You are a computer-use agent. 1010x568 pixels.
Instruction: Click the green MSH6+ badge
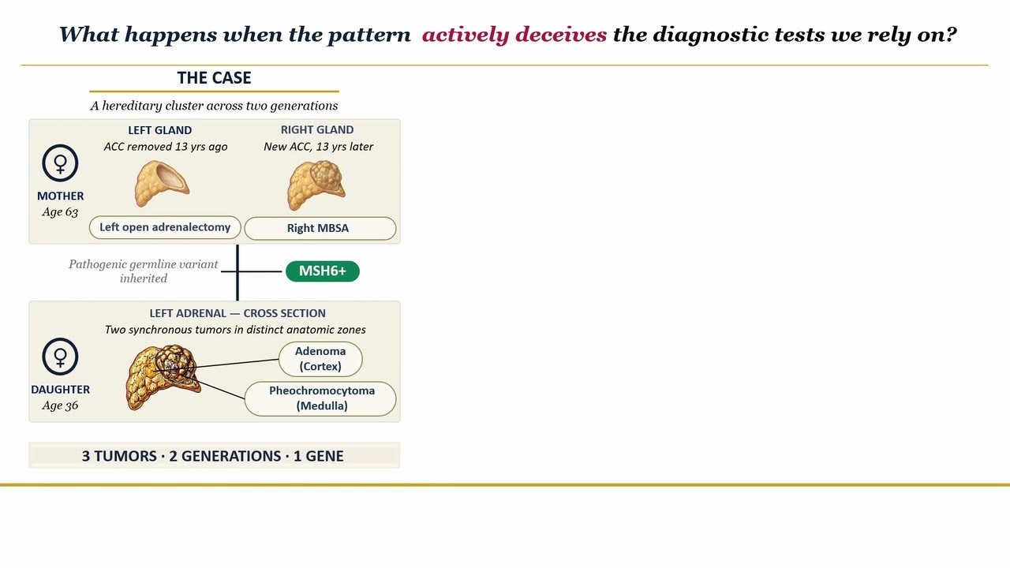tap(323, 271)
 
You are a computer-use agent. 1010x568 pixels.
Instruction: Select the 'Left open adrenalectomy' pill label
tap(165, 227)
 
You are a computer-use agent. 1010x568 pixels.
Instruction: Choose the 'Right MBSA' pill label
tap(320, 228)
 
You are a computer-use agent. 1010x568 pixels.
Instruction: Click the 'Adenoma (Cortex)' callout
tap(320, 359)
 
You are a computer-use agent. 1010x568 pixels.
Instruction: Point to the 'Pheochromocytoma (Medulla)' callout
tap(320, 398)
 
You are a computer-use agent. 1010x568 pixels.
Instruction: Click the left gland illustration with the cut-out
tap(162, 183)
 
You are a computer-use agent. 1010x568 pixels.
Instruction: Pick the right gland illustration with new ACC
tap(316, 185)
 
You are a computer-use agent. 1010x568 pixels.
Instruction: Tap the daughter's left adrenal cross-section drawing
tap(163, 377)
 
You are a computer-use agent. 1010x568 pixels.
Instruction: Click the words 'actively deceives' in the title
tap(514, 35)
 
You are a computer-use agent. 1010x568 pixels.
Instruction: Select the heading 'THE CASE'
tap(214, 78)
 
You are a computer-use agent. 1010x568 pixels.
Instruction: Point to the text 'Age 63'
tap(60, 212)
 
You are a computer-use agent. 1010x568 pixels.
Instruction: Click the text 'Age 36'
tap(60, 405)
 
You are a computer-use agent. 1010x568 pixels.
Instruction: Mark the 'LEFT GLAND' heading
tap(160, 130)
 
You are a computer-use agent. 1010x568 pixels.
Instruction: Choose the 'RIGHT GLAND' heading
tap(317, 130)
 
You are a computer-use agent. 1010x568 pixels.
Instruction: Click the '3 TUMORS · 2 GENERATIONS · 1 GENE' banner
tap(213, 456)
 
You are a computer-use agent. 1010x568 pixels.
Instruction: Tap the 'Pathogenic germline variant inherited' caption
tap(144, 271)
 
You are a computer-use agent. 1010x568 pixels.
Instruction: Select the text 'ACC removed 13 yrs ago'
tap(166, 147)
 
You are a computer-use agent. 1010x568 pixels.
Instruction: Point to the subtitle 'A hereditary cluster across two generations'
tap(214, 106)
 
